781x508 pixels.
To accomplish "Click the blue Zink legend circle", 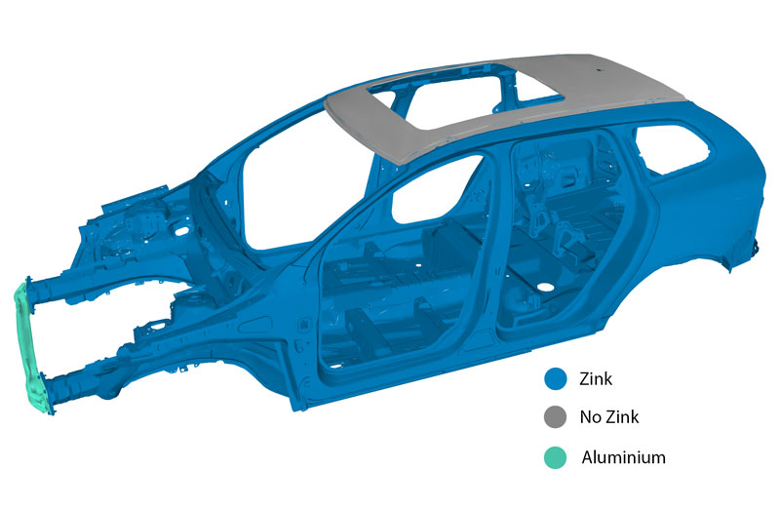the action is click(x=556, y=378).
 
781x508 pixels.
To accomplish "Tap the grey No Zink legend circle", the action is click(x=556, y=417).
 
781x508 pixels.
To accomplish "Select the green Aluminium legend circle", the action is click(x=556, y=457).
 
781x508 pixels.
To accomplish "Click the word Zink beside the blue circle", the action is click(x=596, y=379).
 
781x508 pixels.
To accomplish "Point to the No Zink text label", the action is click(x=609, y=417).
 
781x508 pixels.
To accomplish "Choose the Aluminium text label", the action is click(x=624, y=457).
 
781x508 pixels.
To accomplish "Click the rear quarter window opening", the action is click(x=673, y=148).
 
